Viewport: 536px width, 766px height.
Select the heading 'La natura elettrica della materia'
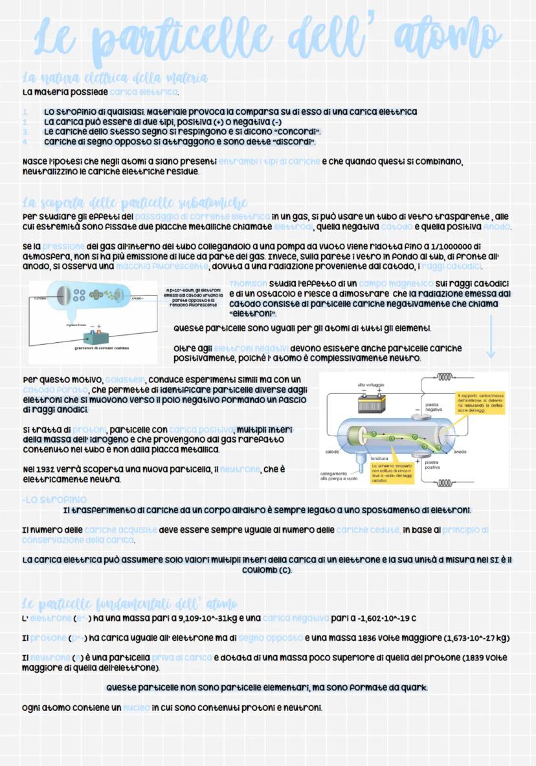[x=115, y=78]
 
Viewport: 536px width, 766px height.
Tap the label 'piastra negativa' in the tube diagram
[x=434, y=407]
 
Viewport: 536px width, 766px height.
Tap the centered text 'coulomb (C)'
[x=267, y=570]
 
